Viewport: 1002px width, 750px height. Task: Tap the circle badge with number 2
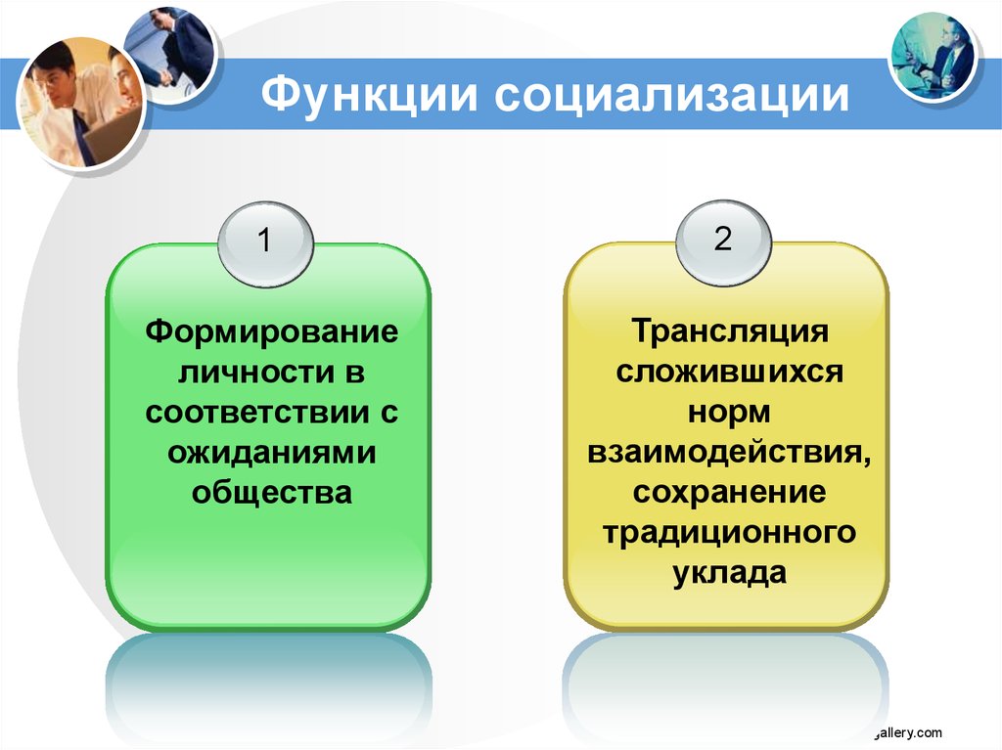point(723,240)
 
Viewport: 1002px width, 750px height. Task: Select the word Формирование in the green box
point(272,331)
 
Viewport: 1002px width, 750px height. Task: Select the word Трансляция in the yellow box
point(730,331)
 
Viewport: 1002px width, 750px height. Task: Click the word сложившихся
point(730,372)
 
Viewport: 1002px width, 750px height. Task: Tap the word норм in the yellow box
point(729,412)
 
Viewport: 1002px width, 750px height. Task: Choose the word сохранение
point(729,492)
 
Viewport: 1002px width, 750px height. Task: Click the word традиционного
point(729,533)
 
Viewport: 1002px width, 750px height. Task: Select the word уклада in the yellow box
point(729,573)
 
